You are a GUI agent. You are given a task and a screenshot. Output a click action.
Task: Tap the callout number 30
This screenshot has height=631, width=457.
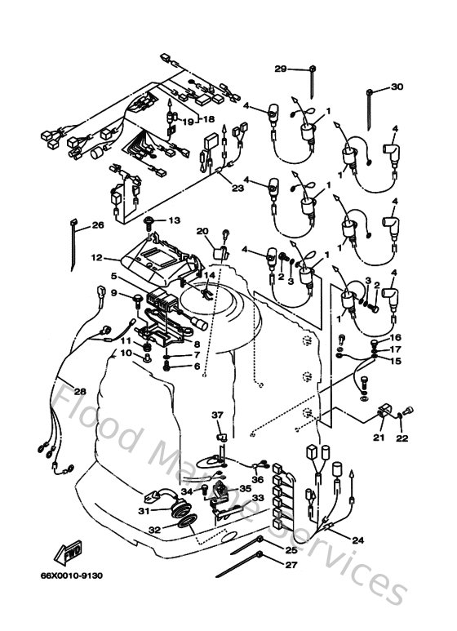click(397, 87)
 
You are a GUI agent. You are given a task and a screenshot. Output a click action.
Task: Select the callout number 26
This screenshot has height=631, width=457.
click(98, 225)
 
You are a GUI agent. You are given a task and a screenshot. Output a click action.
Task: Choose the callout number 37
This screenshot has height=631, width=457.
click(218, 415)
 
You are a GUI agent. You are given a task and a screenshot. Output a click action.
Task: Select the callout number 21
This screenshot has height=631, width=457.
click(378, 438)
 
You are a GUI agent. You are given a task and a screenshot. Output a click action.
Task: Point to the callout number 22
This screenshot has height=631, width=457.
click(402, 438)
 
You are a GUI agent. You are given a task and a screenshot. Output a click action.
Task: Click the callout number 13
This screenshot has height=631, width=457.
click(174, 220)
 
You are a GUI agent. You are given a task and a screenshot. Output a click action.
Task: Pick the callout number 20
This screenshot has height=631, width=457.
click(202, 231)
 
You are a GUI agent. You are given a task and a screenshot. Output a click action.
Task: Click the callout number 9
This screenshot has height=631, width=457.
click(114, 293)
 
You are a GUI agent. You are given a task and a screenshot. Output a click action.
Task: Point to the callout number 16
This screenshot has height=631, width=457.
click(394, 337)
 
